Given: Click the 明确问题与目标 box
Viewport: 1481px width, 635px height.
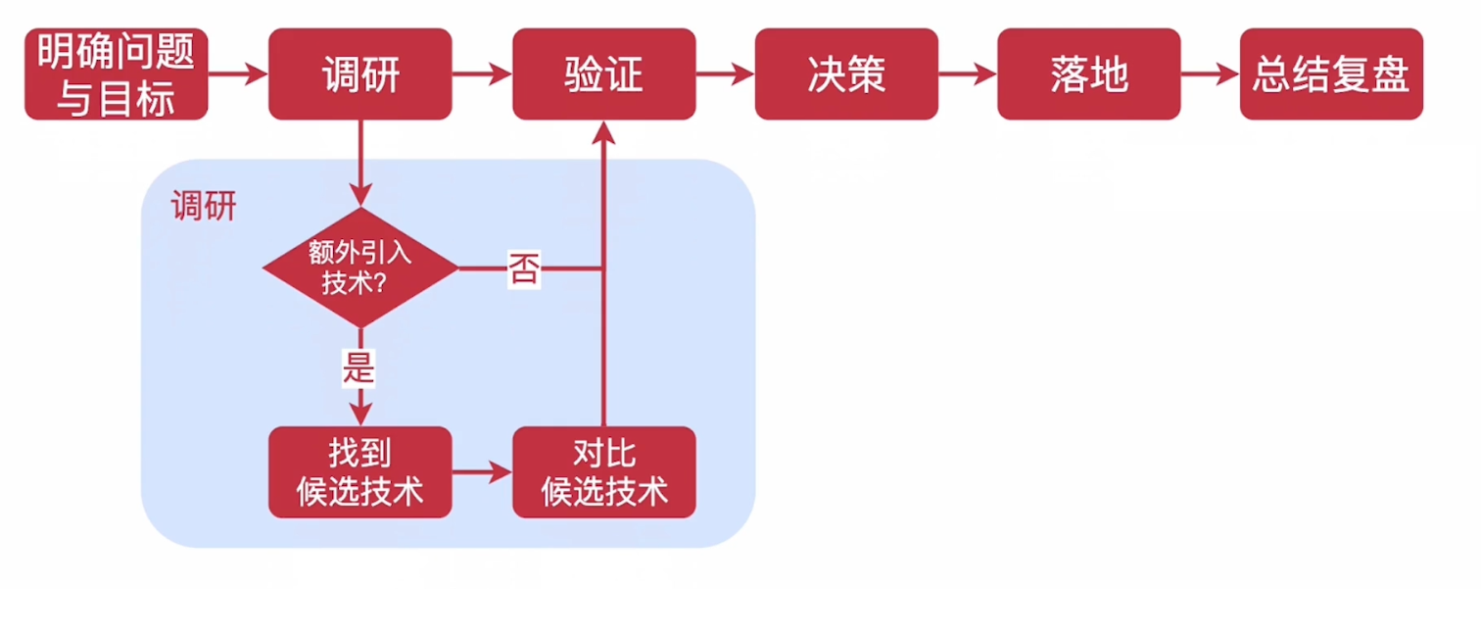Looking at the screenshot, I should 116,74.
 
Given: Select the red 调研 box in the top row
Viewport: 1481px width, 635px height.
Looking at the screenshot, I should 360,74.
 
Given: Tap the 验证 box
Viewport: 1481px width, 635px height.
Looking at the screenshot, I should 603,74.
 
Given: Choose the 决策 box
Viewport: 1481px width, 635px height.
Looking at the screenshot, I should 846,74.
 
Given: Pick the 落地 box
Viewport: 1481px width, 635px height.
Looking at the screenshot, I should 1089,74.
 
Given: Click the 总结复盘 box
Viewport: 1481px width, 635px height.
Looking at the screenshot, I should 1331,74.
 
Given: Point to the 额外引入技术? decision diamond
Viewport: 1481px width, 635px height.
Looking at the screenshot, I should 360,268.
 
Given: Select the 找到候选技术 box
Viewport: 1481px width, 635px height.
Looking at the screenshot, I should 360,472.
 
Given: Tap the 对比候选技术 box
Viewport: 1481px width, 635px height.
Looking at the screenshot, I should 603,472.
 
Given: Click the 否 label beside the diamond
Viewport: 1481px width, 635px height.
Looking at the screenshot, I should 523,268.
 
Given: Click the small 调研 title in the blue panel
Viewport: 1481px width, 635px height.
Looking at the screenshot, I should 204,207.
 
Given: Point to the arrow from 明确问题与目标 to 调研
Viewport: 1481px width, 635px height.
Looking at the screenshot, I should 238,74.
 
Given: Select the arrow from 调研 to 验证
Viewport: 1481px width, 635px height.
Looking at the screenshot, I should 482,74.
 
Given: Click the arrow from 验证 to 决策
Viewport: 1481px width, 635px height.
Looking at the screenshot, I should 725,74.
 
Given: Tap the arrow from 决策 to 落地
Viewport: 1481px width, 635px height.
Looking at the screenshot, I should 968,74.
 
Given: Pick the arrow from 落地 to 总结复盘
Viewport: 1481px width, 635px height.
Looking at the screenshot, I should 1211,74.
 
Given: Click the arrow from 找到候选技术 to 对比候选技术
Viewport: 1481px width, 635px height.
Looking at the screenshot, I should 482,472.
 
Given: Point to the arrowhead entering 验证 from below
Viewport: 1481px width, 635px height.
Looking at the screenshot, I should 603,133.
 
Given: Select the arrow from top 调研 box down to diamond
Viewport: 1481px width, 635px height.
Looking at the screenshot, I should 360,163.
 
